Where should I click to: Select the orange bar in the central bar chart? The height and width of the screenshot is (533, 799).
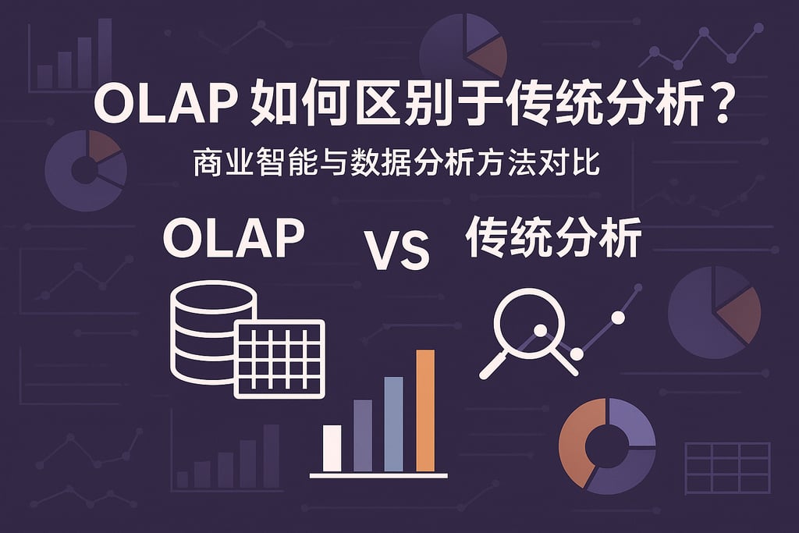[425, 410]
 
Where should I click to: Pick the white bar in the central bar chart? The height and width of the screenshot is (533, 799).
[332, 448]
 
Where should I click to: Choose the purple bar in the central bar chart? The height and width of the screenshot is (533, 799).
[363, 435]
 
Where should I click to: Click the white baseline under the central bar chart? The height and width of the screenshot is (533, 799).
[378, 474]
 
